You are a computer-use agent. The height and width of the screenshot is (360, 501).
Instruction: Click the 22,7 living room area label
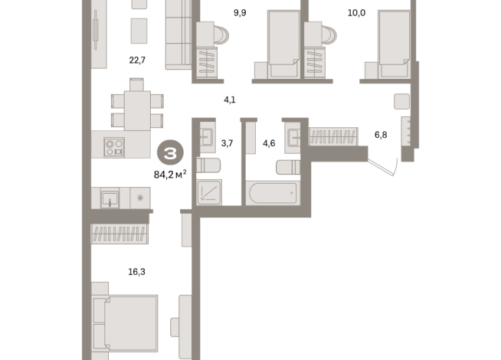[x=137, y=60]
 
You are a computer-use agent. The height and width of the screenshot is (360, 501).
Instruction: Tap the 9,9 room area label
[x=240, y=13]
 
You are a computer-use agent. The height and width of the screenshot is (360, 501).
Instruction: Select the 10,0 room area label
[x=356, y=13]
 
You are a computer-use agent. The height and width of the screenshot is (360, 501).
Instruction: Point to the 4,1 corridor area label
[x=229, y=100]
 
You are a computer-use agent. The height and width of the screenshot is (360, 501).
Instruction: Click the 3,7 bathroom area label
[x=227, y=143]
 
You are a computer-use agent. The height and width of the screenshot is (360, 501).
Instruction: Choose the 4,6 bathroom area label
[x=269, y=143]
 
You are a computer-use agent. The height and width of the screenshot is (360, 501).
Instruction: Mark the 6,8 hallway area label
[x=381, y=135]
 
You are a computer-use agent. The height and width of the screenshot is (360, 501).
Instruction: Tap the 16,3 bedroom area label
[x=136, y=272]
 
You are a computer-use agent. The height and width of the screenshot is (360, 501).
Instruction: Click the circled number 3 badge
[x=170, y=154]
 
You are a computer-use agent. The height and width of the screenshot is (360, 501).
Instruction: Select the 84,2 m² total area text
[x=170, y=174]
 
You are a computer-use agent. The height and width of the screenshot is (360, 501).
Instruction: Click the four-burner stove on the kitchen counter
[x=114, y=147]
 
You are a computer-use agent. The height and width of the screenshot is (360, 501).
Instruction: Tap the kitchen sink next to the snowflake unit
[x=110, y=198]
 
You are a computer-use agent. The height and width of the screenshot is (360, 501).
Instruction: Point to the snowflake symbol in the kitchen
[x=140, y=198]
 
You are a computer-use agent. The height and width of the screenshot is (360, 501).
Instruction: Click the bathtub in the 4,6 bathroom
[x=273, y=193]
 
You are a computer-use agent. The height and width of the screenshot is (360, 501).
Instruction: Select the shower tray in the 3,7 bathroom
[x=209, y=192]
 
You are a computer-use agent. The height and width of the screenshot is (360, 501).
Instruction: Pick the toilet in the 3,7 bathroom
[x=208, y=165]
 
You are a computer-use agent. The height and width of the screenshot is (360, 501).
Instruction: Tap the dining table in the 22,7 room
[x=137, y=110]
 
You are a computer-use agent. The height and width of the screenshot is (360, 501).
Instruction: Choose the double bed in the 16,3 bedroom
[x=126, y=323]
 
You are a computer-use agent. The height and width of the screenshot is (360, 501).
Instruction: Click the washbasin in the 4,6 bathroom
[x=293, y=138]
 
